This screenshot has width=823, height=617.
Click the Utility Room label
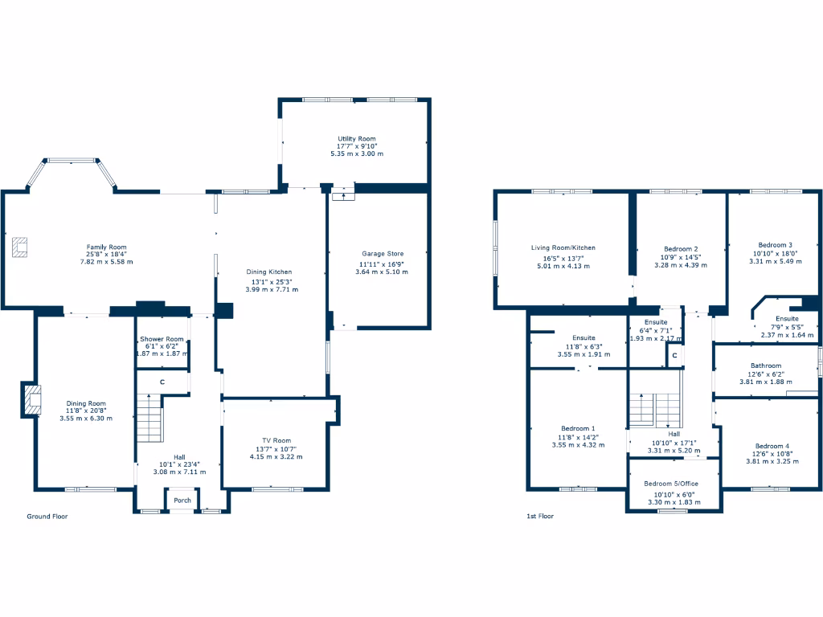point(356,139)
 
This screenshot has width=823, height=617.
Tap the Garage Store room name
point(382,254)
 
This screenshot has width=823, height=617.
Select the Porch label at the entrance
point(182,501)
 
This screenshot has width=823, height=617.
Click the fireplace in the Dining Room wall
point(31,399)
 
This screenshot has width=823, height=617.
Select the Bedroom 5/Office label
point(671,484)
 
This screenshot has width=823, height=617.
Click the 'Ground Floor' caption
point(47,517)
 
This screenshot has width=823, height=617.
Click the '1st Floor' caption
point(540,517)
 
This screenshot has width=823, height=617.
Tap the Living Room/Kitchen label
point(563,247)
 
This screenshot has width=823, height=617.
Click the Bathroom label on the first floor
point(765,366)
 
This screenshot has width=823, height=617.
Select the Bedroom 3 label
point(775,245)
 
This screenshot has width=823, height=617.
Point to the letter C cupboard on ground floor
point(162,382)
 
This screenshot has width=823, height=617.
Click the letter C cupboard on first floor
point(674,355)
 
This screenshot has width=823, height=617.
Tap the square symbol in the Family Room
point(20,247)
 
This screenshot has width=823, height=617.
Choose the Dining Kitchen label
point(268,272)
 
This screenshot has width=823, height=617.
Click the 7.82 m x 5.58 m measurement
point(106,262)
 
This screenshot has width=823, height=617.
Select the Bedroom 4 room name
point(772,446)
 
